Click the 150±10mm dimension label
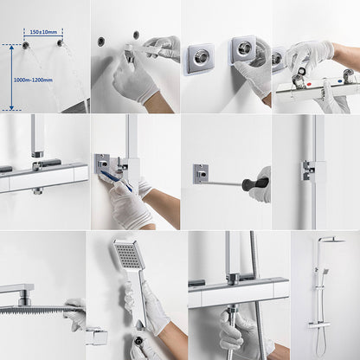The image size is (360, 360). tap(43, 32)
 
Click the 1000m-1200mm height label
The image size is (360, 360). tap(33, 80)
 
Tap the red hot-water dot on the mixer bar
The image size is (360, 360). tap(309, 85)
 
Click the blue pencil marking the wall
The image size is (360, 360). tap(116, 181)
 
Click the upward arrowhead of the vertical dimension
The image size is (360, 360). tap(11, 48)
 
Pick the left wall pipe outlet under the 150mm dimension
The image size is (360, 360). tap(25, 44)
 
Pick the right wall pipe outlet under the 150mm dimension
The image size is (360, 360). tap(60, 43)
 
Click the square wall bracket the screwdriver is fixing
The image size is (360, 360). tap(201, 174)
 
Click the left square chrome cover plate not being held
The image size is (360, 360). tap(200, 58)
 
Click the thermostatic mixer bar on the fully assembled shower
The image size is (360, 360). tap(319, 325)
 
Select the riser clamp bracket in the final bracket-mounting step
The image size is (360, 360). tap(308, 170)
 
